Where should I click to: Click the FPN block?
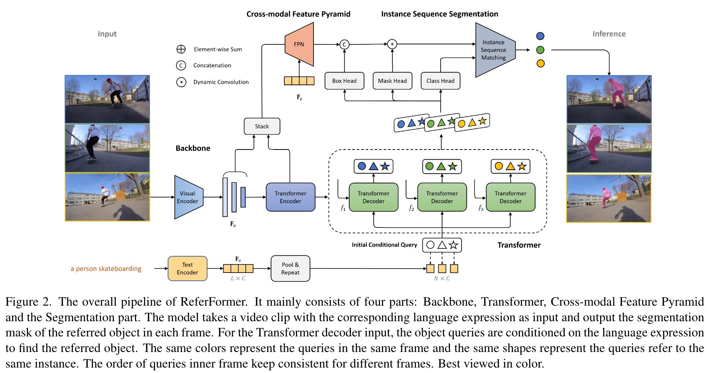[x=299, y=44]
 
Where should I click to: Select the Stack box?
[x=262, y=126]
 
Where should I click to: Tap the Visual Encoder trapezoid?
[x=188, y=197]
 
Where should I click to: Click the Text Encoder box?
[x=187, y=268]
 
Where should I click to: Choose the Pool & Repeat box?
[x=290, y=268]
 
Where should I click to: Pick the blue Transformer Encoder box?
[x=290, y=197]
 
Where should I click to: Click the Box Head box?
[x=344, y=81]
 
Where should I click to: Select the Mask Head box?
[x=392, y=81]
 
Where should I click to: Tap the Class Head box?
[x=440, y=81]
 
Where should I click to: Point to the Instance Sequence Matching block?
[x=494, y=50]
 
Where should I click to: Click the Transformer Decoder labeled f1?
[x=373, y=197]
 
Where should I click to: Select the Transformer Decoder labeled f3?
[x=510, y=197]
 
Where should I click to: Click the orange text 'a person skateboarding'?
[x=106, y=269]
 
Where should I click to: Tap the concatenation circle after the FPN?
[x=344, y=44]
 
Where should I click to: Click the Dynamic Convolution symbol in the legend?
[x=181, y=82]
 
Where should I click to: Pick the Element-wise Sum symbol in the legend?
[x=181, y=49]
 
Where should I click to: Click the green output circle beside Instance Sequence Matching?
[x=540, y=50]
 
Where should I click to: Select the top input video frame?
[x=107, y=99]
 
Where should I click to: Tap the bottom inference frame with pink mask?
[x=609, y=198]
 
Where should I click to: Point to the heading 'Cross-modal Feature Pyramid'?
[x=298, y=14]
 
